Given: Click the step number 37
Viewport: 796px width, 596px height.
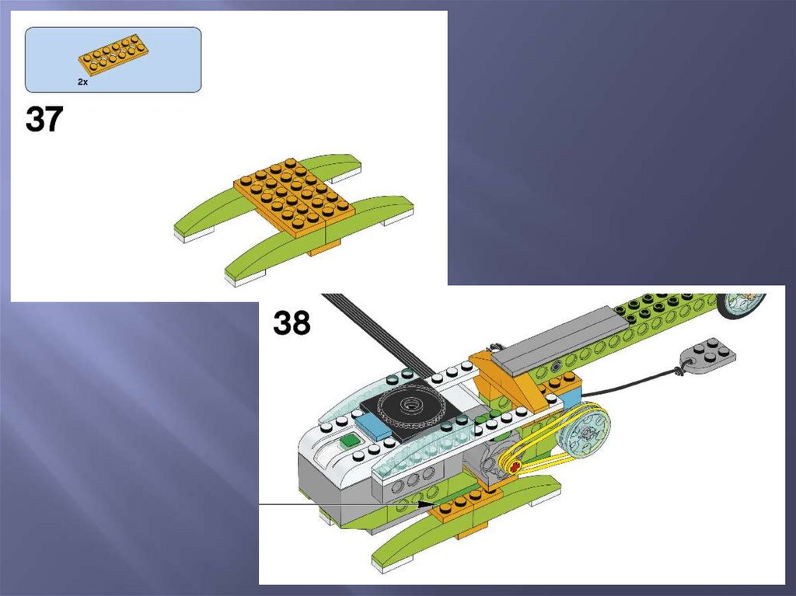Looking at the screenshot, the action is coord(44,120).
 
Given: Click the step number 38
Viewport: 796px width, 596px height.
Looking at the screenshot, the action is coord(292,322).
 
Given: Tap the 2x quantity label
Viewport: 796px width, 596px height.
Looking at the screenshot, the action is coord(82,82).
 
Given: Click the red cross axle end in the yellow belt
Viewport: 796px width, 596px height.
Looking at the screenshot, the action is coord(516,466).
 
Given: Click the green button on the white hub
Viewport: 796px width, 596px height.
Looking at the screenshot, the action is coord(350,441).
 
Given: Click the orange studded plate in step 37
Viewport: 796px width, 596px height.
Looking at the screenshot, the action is coord(295,199).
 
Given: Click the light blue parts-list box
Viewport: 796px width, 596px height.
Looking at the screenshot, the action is coord(113,60).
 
